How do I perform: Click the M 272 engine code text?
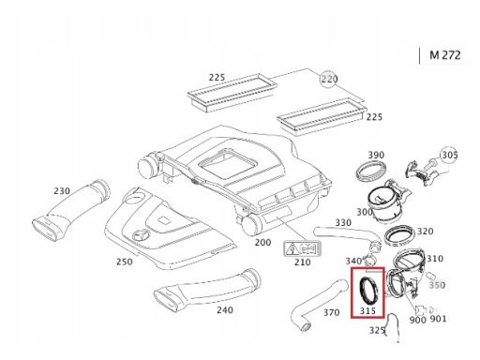tap(445, 55)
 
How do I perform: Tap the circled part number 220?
tap(329, 79)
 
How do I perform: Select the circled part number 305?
tap(449, 155)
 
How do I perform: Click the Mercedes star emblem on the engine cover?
tap(141, 235)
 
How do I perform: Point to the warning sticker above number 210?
tap(303, 248)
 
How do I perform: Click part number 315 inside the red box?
tap(367, 311)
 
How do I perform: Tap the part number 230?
tap(62, 190)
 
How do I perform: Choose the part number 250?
tap(125, 262)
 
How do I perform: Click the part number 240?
tap(225, 310)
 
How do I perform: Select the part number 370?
tap(331, 312)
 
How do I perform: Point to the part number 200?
tap(262, 242)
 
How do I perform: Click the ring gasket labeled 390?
tap(371, 173)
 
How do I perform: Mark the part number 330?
tap(343, 223)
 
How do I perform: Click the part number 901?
tap(438, 319)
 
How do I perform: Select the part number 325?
tap(377, 330)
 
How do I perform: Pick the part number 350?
tap(437, 285)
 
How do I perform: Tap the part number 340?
tap(353, 261)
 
